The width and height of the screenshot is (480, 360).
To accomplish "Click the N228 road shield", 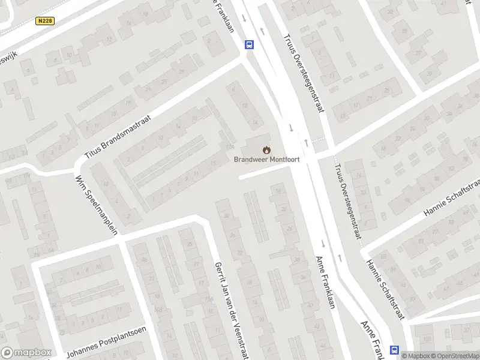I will pyautogui.click(x=44, y=21).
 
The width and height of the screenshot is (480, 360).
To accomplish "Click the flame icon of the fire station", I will pyautogui.click(x=266, y=149).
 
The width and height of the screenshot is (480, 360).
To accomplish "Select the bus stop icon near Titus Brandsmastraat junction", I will pyautogui.click(x=249, y=44).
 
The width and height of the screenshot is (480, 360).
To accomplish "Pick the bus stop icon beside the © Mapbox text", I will pyautogui.click(x=395, y=350).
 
